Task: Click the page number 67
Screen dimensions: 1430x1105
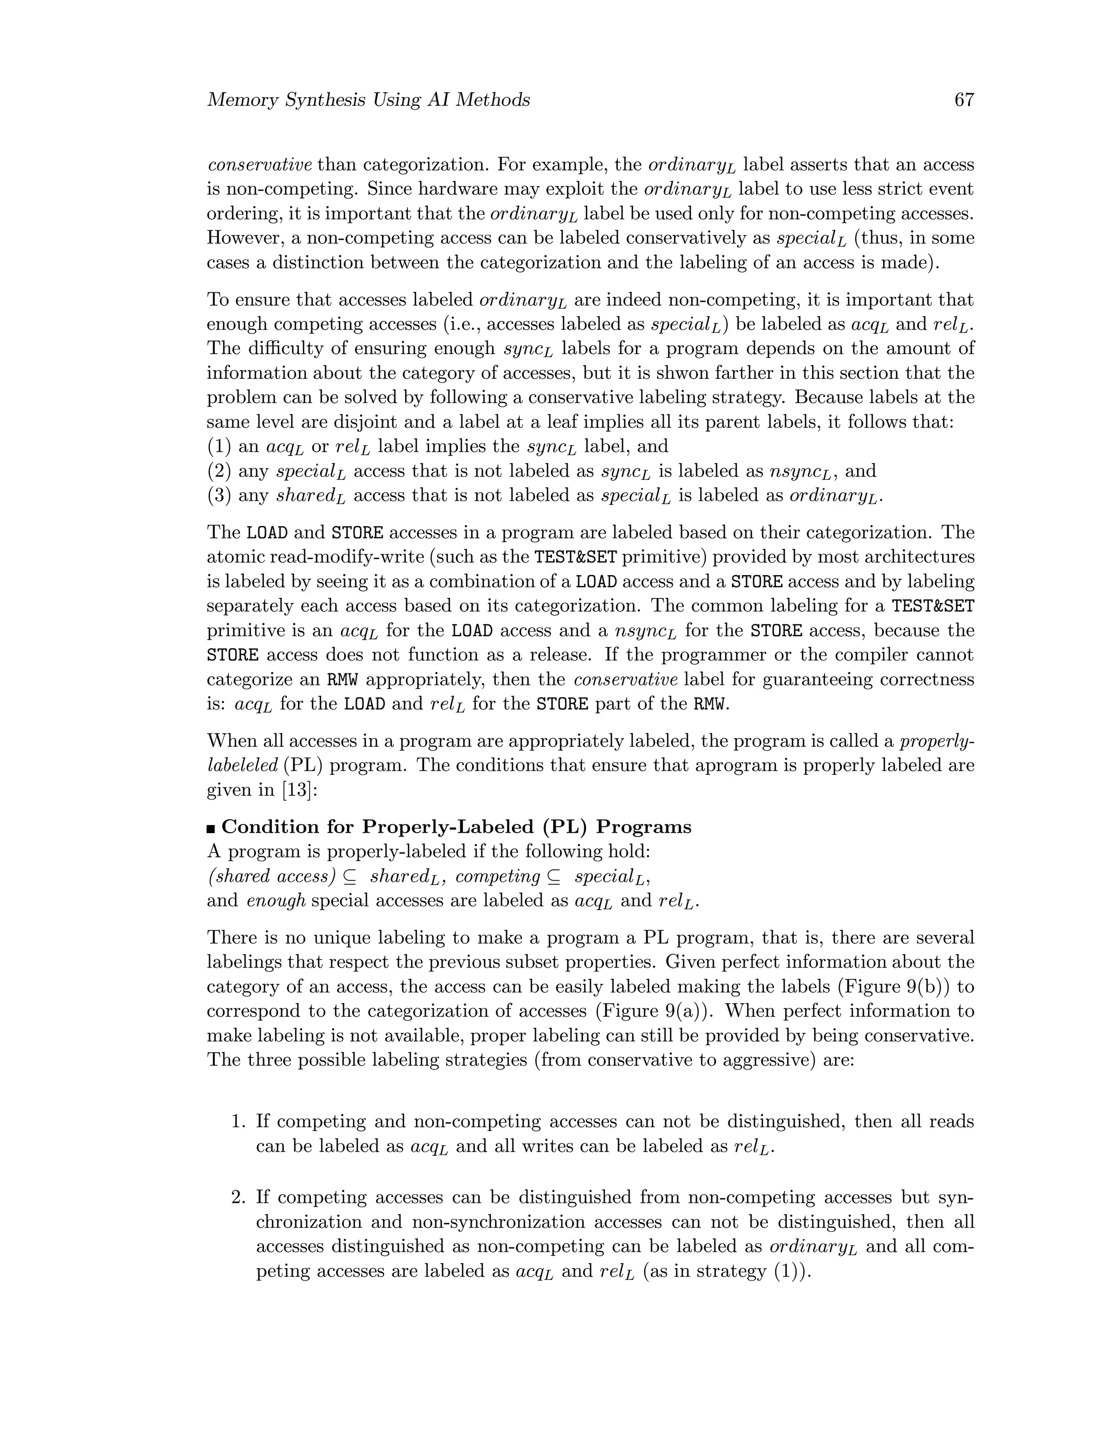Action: tap(964, 100)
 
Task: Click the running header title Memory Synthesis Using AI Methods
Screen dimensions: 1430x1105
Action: tap(368, 100)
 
